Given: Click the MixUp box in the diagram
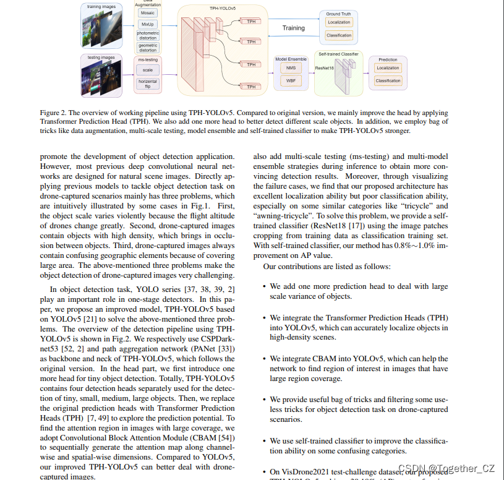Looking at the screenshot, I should [x=148, y=24].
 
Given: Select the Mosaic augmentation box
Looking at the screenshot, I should [x=148, y=12].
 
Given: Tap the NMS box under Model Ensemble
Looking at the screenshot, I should [x=291, y=67].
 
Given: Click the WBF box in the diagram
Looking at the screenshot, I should [x=291, y=81].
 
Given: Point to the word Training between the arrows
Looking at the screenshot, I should [x=294, y=28].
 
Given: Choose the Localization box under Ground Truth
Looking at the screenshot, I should [x=339, y=22].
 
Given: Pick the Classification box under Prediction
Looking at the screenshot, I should [x=388, y=80].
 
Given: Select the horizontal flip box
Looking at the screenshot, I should [x=148, y=84].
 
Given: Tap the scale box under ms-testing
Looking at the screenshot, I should [x=148, y=70].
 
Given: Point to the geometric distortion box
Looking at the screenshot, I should [x=148, y=48].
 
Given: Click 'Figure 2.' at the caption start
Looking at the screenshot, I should [x=54, y=113].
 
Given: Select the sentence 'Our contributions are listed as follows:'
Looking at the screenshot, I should [x=327, y=267].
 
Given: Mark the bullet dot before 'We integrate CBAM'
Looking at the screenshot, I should [x=264, y=359].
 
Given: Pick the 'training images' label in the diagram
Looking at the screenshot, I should [x=101, y=6].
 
